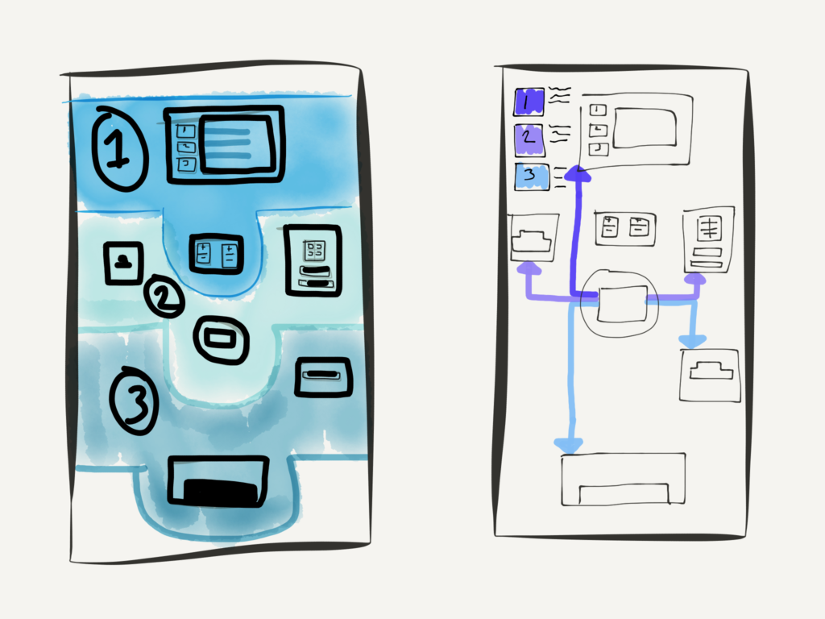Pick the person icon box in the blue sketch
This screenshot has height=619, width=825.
coord(123,262)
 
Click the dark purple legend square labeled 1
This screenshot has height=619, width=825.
coord(529,102)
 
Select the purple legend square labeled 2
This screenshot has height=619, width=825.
coord(529,137)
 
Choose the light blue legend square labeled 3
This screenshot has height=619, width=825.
coord(531,177)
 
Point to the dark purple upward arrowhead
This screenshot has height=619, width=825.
coord(576,172)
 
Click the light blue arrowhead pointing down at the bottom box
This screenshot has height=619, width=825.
coord(570,444)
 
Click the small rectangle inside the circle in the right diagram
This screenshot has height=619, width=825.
coord(622,304)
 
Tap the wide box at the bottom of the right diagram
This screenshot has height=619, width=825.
coord(624,479)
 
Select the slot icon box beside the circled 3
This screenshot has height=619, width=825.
coord(323,376)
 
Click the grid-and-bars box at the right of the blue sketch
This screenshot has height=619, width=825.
coord(313,259)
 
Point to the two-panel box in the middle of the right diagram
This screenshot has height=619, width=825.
coord(624,229)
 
